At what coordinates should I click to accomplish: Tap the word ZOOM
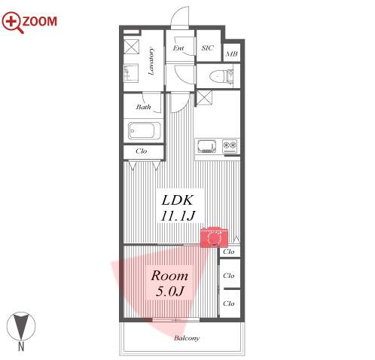click(x=40, y=21)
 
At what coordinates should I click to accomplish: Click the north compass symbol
click(x=21, y=326)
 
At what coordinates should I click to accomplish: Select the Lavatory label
click(x=151, y=62)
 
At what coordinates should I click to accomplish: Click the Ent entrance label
click(x=178, y=47)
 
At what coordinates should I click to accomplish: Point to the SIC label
click(x=208, y=47)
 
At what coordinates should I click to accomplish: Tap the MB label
click(x=232, y=53)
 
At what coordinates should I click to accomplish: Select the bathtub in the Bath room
click(x=145, y=130)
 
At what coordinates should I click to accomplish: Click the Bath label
click(x=143, y=107)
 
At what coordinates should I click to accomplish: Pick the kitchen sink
click(x=207, y=146)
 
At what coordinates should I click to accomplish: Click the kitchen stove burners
click(x=230, y=146)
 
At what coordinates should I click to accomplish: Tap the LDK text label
click(x=178, y=200)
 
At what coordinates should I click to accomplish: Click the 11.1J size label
click(x=178, y=215)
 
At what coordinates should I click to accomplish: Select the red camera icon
click(x=214, y=237)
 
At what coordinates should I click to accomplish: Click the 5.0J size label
click(x=169, y=291)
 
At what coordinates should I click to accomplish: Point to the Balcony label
click(x=187, y=338)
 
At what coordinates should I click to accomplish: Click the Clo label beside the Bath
click(x=142, y=151)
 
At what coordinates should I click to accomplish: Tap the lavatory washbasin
click(x=131, y=73)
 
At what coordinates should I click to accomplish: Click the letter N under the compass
click(x=21, y=346)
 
